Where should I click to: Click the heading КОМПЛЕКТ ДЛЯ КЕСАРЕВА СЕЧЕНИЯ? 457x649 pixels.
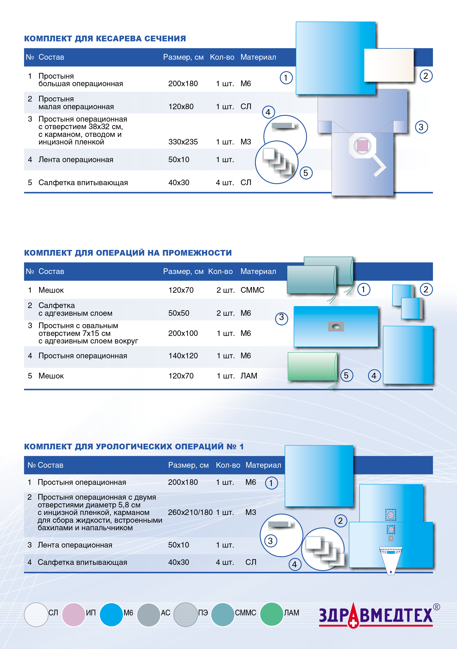pyautogui.click(x=105, y=38)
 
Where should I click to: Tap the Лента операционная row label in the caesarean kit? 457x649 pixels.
pyautogui.click(x=76, y=160)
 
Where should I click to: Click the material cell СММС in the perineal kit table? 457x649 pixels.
pyautogui.click(x=252, y=290)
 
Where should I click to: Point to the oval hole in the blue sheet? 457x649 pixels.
pyautogui.click(x=336, y=327)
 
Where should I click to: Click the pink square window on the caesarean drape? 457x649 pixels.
pyautogui.click(x=362, y=146)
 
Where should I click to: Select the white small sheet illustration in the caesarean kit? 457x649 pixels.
pyautogui.click(x=389, y=65)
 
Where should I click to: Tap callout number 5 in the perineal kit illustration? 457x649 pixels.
pyautogui.click(x=346, y=375)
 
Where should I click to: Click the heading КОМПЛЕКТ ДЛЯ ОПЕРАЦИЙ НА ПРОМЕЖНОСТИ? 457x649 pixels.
pyautogui.click(x=128, y=253)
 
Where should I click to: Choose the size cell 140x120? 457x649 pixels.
pyautogui.click(x=183, y=356)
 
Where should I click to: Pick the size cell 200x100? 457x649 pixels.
pyautogui.click(x=183, y=333)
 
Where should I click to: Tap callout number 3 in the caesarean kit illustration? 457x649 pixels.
pyautogui.click(x=421, y=127)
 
